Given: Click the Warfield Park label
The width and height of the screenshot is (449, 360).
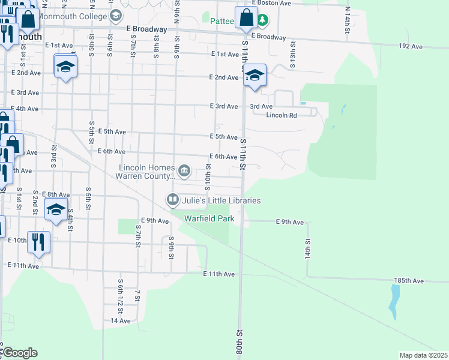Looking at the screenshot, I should point(209,219).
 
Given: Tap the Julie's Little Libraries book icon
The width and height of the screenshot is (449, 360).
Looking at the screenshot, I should point(172,199).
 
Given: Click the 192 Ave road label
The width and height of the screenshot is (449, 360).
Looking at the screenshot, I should point(411,47).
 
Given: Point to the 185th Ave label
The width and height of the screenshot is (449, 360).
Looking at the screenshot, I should point(409,281).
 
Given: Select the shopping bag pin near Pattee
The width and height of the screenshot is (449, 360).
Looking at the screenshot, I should point(246,18).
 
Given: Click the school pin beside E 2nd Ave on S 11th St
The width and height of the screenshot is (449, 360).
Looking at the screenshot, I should point(255,76).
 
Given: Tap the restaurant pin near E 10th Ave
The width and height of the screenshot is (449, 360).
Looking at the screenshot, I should point(38,243).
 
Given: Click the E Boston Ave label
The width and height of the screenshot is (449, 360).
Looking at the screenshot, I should point(271,3).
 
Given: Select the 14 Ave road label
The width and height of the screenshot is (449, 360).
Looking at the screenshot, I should point(120,321).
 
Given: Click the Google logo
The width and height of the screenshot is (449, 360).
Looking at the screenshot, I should point(19,353).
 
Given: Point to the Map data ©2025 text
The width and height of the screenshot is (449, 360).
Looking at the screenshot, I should point(423,355).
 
